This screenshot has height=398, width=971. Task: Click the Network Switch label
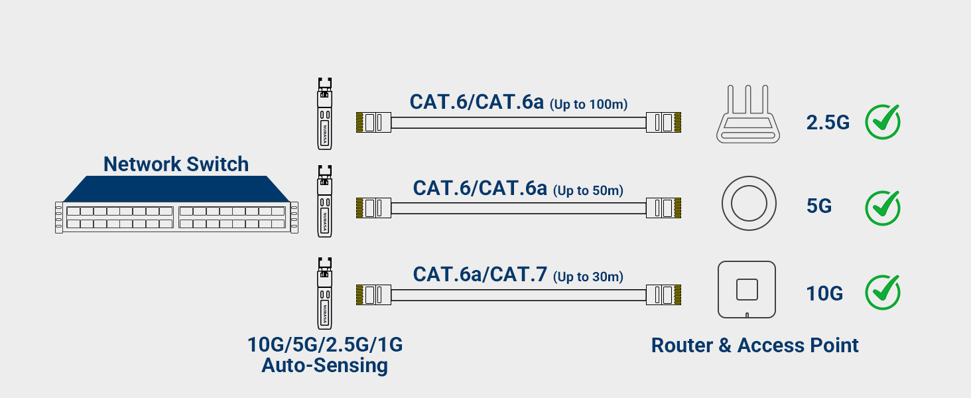176,164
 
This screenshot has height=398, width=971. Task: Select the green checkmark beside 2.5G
883,121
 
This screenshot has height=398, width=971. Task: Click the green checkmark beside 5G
883,208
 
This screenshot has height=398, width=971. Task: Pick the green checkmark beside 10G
883,293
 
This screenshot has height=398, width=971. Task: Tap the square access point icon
747,290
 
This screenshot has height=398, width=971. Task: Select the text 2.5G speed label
828,122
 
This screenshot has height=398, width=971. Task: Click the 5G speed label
819,206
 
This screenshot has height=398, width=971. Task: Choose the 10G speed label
824,293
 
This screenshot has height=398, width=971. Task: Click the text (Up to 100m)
589,104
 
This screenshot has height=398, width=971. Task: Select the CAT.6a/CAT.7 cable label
480,274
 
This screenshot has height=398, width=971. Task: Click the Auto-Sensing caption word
324,365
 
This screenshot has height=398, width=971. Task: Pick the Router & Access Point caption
755,345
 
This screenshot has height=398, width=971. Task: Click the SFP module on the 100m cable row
324,113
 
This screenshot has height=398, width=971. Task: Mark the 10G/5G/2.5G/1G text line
325,345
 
